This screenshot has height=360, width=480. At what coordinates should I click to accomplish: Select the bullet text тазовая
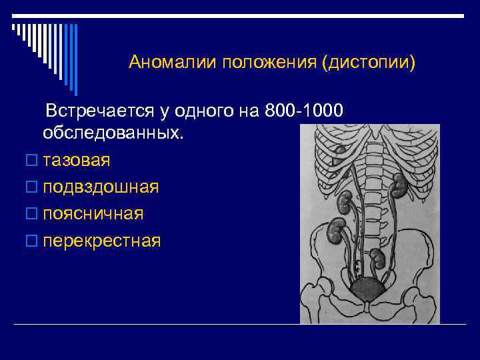tap(77, 160)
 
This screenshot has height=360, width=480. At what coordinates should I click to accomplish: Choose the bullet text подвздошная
tap(101, 187)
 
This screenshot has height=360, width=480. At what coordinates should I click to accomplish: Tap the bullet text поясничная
tap(93, 213)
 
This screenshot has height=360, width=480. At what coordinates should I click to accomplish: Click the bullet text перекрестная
tap(101, 240)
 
